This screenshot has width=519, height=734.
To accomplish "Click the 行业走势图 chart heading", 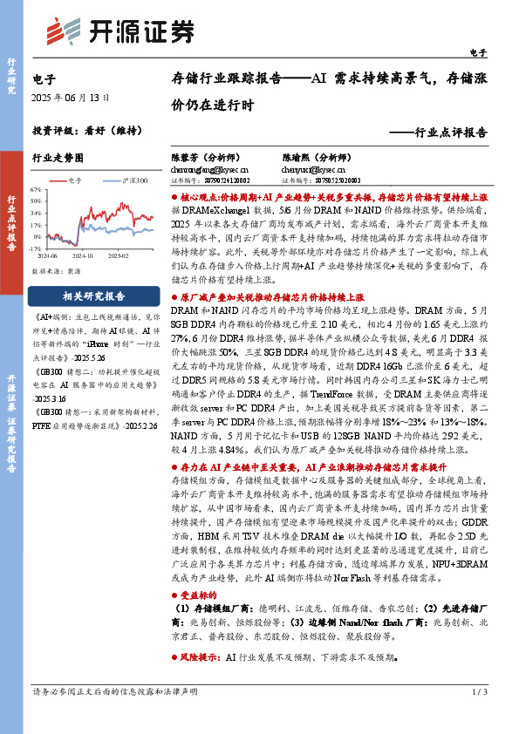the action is (x=58, y=158).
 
